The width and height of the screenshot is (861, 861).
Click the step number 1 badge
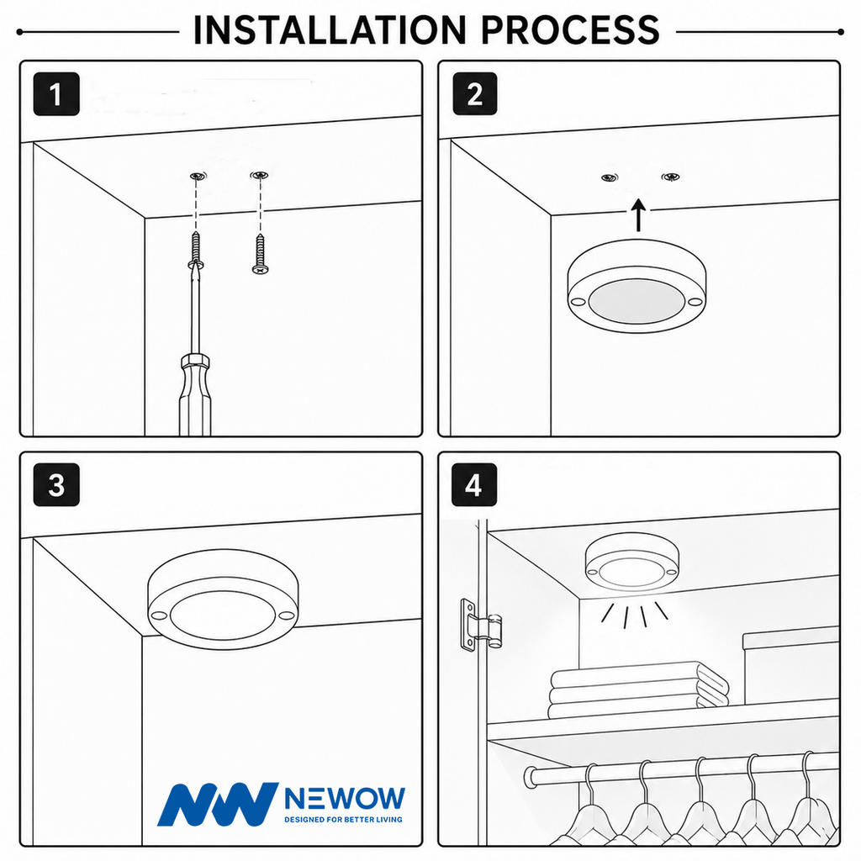[x=56, y=94]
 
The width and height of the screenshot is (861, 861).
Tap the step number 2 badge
[x=475, y=94]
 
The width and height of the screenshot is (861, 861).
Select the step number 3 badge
[x=56, y=485]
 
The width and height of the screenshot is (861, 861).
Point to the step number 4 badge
[x=474, y=485]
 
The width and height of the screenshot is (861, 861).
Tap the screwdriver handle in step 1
[x=195, y=395]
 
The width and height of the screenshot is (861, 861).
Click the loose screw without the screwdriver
[x=260, y=254]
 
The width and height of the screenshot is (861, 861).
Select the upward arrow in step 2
[x=638, y=215]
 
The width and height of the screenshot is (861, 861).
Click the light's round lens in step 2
[x=637, y=302]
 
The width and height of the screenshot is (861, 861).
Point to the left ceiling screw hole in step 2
[x=609, y=177]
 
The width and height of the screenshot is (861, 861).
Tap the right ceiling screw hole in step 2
[x=670, y=177]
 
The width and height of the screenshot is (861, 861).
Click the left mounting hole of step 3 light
[x=159, y=615]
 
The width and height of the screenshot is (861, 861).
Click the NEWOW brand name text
[x=345, y=799]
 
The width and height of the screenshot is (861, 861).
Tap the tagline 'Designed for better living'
[x=343, y=819]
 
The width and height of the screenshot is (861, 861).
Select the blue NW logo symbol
[x=218, y=804]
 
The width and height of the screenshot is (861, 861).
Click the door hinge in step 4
[x=480, y=625]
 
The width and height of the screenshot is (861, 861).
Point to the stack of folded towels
[x=639, y=689]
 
